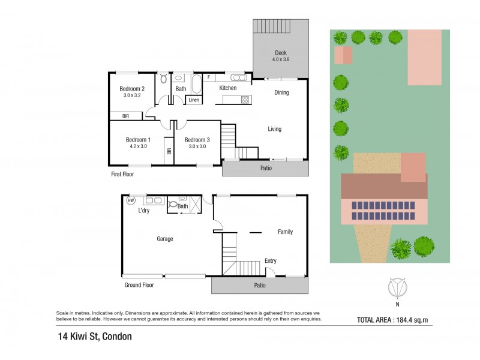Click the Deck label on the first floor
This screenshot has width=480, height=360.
281,53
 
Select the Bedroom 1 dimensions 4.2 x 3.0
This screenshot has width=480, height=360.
138,146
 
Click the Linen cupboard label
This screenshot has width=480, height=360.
194,100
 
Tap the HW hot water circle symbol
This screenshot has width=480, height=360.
131,202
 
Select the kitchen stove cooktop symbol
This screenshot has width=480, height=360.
245,100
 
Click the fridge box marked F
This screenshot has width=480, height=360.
208,77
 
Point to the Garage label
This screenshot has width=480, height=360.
165,239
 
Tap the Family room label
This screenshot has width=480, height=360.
285,232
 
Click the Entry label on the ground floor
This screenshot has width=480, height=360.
271,261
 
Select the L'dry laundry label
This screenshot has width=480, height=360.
144,211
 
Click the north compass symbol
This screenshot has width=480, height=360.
397,289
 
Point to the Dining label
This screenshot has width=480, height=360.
281,92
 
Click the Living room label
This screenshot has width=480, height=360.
274,129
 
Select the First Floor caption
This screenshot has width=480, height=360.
122,174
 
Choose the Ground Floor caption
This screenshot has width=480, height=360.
139,285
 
